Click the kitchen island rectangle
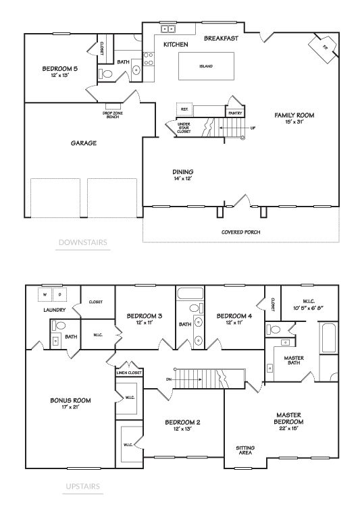pos(205,67)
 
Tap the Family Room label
pos(294,115)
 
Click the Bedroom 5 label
pos(55,68)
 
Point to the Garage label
pos(84,143)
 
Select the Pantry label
pos(235,113)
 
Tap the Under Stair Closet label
pos(183,128)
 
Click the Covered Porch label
pos(241,232)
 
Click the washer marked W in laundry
pos(47,295)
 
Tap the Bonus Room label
pos(70,400)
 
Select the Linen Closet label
pos(129,373)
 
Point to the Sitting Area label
pos(245,450)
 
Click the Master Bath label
pos(293,361)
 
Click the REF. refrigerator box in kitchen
pos(184,108)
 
